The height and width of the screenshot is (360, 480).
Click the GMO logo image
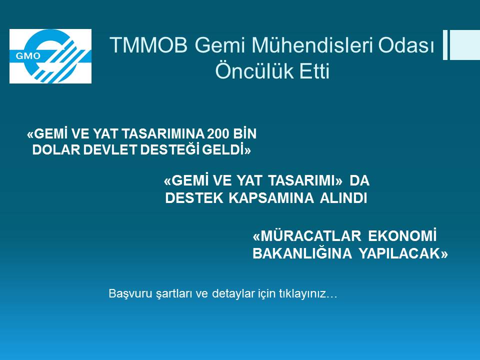(50, 56)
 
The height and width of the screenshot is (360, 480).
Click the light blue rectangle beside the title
(464, 45)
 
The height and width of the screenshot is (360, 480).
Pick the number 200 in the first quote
(218, 134)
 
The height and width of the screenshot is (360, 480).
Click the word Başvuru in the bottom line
(125, 294)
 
